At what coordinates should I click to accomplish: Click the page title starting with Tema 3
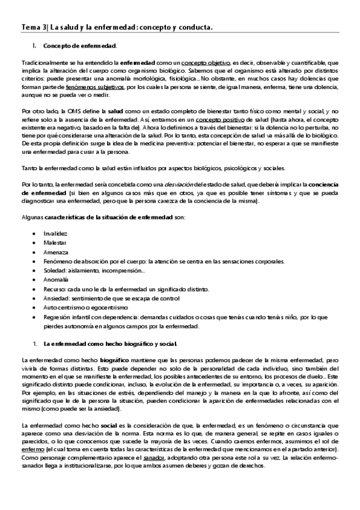point(117,27)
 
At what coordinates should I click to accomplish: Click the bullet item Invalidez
point(55,232)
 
